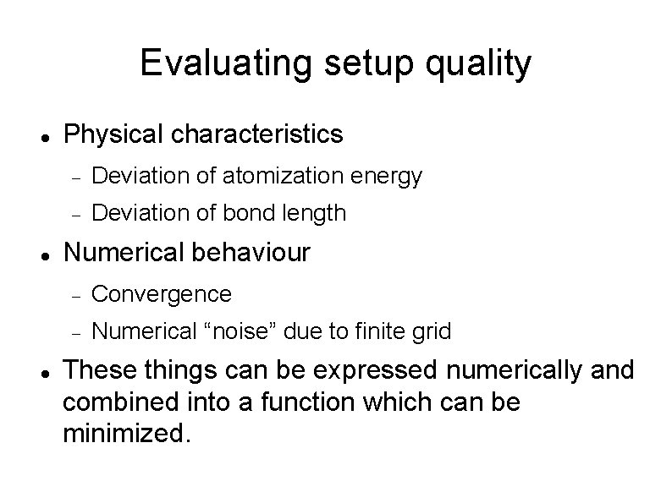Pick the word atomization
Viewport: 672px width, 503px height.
coord(278,176)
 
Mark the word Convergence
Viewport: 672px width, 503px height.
coord(161,294)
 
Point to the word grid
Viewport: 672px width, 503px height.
coord(431,332)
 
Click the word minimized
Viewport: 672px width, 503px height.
coord(126,435)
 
